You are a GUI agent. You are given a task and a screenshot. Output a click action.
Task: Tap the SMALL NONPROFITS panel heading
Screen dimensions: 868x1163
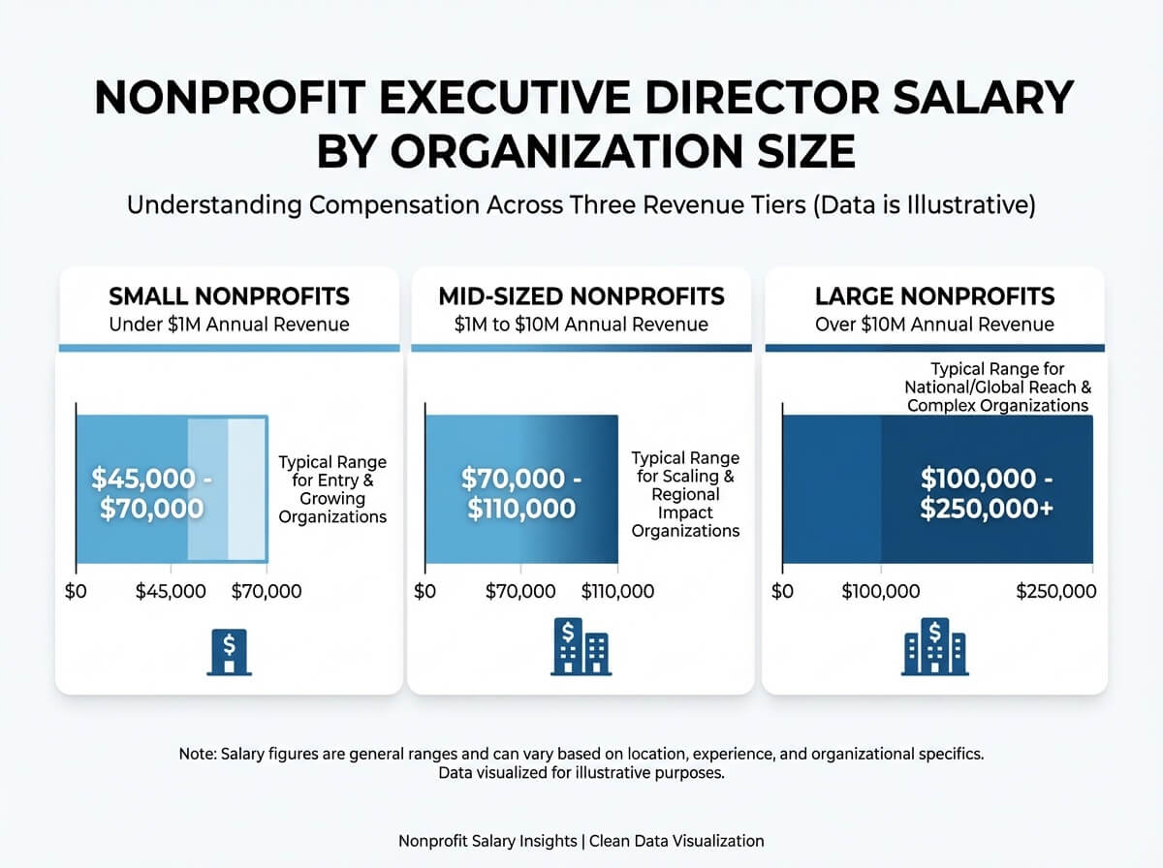[x=229, y=295]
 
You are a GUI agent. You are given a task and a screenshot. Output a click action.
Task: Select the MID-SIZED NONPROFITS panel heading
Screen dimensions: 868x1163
[x=581, y=295]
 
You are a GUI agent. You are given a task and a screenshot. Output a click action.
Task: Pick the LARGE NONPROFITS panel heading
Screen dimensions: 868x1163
[x=934, y=295]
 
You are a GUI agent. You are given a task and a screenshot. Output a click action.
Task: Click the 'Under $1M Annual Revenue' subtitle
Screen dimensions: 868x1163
[x=229, y=324]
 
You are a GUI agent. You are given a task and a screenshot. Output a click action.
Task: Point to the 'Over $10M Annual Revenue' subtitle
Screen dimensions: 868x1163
[x=934, y=324]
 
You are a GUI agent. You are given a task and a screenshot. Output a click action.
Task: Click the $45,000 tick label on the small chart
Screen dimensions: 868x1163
[x=171, y=591]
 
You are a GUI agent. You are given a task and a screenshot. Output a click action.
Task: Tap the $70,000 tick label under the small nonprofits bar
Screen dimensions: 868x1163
[x=267, y=591]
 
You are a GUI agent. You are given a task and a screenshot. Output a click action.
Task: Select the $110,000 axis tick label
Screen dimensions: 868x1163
[x=617, y=591]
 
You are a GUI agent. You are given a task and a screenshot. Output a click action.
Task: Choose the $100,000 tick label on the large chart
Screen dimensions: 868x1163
[x=880, y=591]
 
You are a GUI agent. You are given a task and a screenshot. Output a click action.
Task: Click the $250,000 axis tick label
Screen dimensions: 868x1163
[x=1056, y=591]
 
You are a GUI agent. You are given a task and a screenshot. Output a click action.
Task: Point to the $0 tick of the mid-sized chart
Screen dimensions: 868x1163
[x=424, y=591]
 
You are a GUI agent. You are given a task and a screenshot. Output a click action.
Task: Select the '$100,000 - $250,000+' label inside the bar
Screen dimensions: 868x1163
[x=986, y=493]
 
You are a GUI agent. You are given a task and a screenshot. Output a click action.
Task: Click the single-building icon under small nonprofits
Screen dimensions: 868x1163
[x=228, y=651]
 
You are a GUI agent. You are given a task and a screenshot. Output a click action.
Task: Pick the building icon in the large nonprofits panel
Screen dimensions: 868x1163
[x=934, y=646]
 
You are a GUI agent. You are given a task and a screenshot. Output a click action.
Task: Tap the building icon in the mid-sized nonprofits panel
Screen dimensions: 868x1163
[x=580, y=646]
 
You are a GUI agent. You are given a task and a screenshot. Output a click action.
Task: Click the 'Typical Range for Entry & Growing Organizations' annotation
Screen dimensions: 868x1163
[x=332, y=489]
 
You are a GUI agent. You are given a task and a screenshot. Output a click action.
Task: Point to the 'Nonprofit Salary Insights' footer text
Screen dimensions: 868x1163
[x=487, y=841]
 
